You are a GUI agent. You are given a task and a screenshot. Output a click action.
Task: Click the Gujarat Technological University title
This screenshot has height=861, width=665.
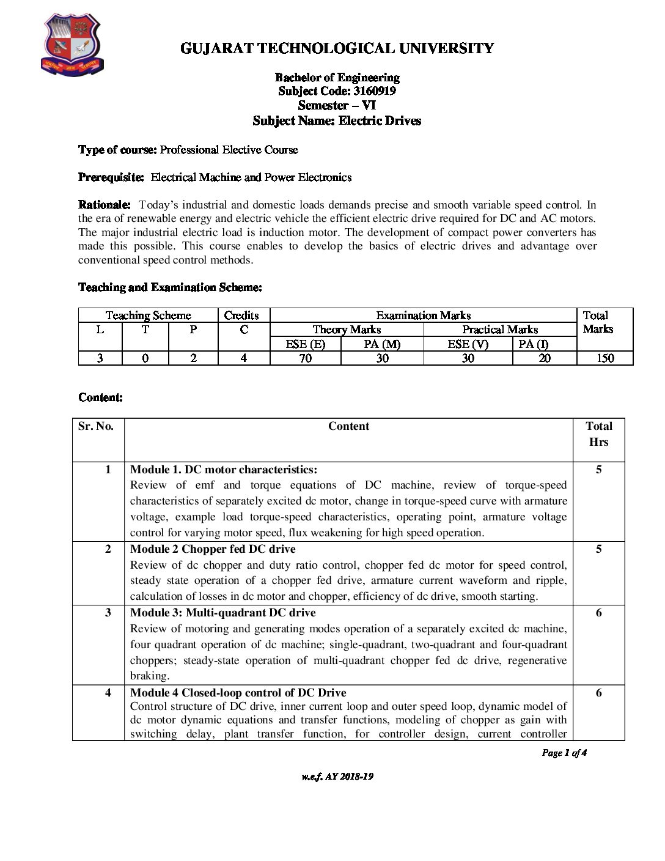[337, 48]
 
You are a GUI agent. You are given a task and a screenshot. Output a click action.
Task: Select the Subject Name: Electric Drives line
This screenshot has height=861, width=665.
[337, 120]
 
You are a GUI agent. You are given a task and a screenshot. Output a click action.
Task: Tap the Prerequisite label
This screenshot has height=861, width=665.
[111, 177]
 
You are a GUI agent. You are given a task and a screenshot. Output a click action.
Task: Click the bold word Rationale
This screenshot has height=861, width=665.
[104, 205]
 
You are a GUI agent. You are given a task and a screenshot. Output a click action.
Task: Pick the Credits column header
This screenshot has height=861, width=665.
[241, 316]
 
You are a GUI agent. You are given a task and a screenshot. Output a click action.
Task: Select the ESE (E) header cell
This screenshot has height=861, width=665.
[306, 344]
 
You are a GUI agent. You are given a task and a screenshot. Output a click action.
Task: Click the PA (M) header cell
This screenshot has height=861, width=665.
[382, 344]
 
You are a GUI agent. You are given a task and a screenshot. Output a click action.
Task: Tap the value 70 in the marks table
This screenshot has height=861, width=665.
[306, 358]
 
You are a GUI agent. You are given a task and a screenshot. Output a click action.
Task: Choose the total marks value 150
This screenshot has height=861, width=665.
[605, 358]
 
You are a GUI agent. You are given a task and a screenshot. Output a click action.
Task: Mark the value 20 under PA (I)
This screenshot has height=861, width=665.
[544, 358]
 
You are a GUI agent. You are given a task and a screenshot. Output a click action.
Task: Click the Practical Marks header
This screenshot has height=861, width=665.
[500, 330]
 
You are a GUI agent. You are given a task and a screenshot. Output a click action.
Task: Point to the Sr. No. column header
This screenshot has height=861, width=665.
[96, 426]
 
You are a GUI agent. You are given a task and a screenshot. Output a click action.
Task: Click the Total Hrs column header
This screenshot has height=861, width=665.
[598, 434]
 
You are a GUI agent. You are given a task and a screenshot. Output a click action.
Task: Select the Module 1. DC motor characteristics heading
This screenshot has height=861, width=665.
[224, 470]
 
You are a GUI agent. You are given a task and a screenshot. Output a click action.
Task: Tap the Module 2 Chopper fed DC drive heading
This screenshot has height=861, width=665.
[213, 549]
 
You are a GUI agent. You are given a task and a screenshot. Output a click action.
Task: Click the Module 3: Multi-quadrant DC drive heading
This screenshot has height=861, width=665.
[223, 613]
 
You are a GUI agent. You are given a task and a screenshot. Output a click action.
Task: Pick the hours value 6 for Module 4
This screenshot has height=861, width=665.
[598, 693]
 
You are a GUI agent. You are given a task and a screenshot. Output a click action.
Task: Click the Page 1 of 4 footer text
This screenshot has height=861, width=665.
[564, 753]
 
